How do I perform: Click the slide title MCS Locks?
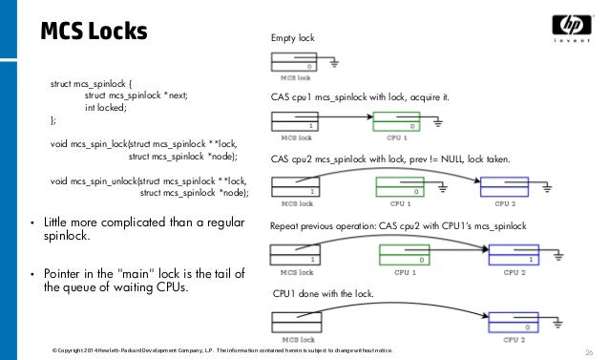pos(94,32)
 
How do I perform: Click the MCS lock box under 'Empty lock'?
pos(295,64)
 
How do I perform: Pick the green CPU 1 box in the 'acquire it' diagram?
pos(395,122)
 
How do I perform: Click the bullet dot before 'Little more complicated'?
pos(34,225)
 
